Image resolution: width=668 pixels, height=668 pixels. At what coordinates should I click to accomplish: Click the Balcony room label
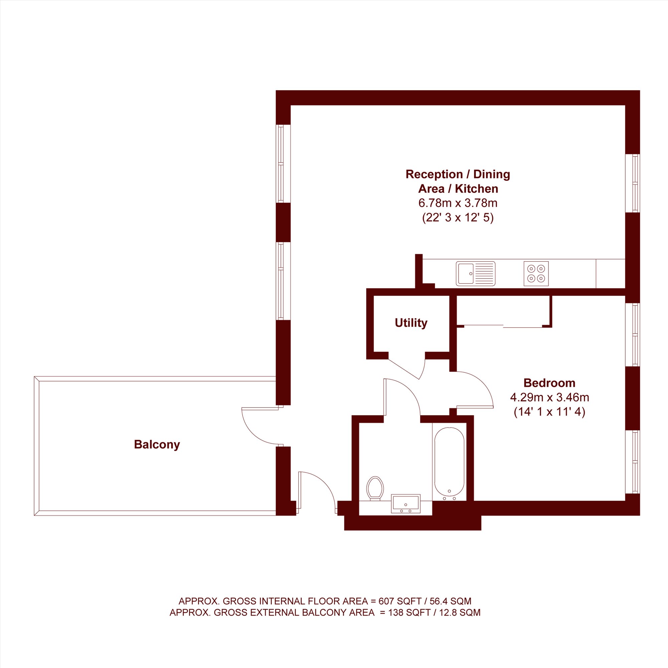[x=157, y=444]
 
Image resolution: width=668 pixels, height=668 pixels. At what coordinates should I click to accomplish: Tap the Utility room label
[x=411, y=323]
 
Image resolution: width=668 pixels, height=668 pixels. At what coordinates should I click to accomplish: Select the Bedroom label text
[x=549, y=383]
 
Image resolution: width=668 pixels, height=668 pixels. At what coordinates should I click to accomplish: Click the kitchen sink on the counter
[x=475, y=274]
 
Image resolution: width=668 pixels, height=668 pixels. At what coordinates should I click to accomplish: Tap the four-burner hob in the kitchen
[x=536, y=274]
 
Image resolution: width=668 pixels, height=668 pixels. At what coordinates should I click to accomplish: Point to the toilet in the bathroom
[x=375, y=488]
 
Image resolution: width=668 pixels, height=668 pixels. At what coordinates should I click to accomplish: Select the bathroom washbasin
[x=405, y=503]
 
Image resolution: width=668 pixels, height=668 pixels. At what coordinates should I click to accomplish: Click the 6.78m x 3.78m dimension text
[x=458, y=203]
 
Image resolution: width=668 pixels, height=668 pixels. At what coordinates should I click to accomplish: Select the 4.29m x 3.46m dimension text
[x=549, y=397]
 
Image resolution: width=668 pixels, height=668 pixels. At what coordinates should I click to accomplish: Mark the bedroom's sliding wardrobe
[x=504, y=311]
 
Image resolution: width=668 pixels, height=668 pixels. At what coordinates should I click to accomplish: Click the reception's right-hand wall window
[x=632, y=183]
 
